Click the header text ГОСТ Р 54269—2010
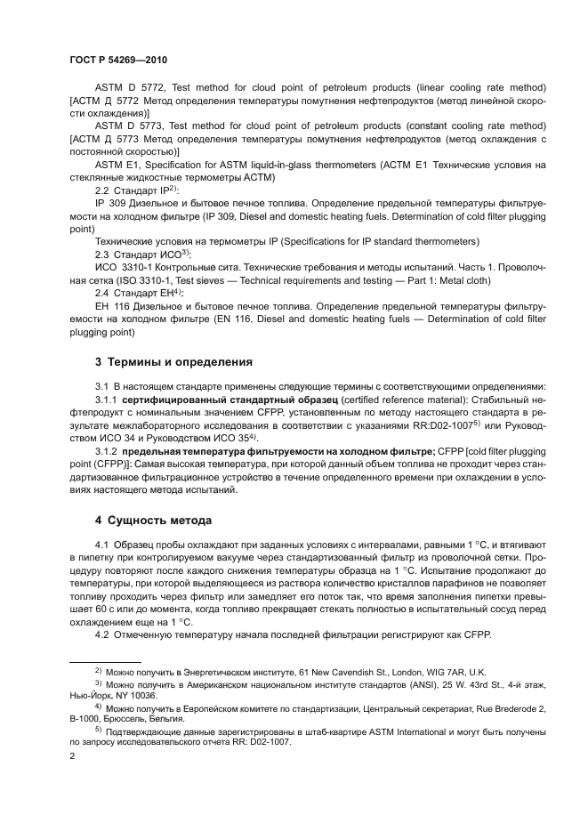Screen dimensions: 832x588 [117, 60]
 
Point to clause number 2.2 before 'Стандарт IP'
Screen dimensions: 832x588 [102, 191]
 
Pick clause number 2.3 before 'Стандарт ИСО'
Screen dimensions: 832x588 [102, 254]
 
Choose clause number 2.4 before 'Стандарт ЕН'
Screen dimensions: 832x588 [102, 293]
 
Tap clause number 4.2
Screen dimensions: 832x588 [102, 634]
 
